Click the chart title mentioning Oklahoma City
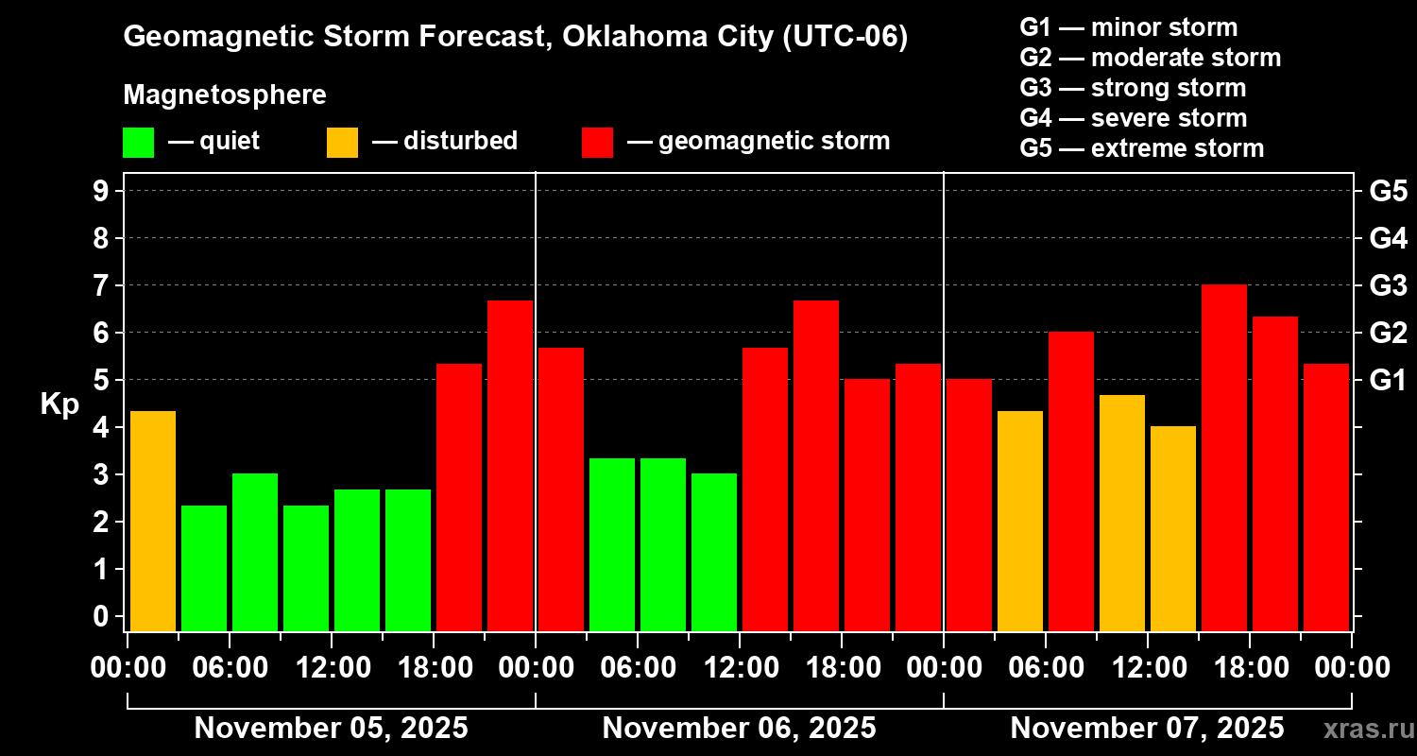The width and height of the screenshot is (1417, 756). click(x=515, y=38)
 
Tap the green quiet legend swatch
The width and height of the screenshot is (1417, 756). click(x=138, y=142)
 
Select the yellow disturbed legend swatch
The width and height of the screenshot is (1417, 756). click(x=342, y=142)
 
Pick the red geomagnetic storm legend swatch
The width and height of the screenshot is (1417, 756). click(x=598, y=142)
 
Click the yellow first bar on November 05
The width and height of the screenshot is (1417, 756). click(x=153, y=520)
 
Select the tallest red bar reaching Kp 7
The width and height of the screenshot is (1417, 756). click(x=1224, y=457)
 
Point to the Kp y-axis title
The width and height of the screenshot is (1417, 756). click(x=59, y=404)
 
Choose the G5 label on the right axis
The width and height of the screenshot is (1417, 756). click(x=1388, y=192)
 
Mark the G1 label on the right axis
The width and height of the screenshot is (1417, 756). click(x=1388, y=381)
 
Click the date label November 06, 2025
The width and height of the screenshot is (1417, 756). click(x=739, y=729)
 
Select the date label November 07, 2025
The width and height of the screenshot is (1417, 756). click(x=1147, y=729)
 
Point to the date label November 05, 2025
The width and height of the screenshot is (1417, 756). click(x=331, y=729)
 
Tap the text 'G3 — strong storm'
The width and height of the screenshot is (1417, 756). click(x=1133, y=88)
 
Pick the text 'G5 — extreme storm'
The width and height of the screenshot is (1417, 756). click(x=1141, y=148)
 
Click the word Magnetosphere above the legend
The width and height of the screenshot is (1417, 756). click(x=225, y=95)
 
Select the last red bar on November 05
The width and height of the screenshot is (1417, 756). click(x=510, y=465)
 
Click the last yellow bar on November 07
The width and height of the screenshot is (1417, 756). click(x=1173, y=528)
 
